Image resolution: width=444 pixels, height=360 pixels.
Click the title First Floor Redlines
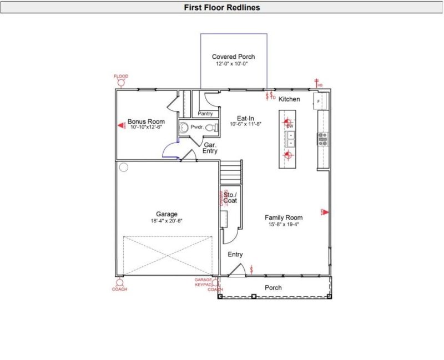pos(222,8)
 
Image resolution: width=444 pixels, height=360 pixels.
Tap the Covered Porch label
pos(233,57)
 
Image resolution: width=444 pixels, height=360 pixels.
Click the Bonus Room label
pos(146,121)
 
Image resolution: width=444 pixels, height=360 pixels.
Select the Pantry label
pos(205,114)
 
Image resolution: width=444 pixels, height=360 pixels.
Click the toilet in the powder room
pos(210,128)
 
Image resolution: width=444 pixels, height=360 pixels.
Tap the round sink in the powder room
pos(184,127)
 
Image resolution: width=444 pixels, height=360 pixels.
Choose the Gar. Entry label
pos(210,148)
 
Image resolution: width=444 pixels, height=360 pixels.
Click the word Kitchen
pos(289,99)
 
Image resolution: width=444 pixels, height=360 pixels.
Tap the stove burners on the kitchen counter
pos(322,139)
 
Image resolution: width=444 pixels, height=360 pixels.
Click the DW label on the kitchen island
pos(289,126)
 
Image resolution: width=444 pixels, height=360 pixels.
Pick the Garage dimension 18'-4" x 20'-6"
pos(167,221)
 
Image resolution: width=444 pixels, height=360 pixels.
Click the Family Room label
pos(283,217)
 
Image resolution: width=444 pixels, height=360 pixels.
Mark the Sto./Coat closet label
pos(230,197)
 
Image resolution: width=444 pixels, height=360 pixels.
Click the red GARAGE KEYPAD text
pos(204,282)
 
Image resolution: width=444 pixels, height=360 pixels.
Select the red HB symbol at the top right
pos(317,83)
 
